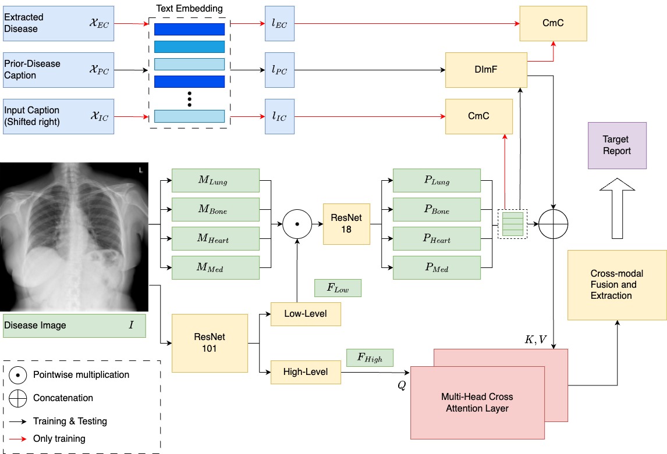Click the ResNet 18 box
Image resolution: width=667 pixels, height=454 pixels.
[346, 224]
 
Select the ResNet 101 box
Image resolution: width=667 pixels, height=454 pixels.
[209, 342]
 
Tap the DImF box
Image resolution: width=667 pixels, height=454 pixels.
[485, 69]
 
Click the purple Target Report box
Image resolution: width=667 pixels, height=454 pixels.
[617, 145]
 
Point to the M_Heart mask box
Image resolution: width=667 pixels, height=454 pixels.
[215, 239]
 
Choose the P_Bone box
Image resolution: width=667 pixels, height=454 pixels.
[437, 210]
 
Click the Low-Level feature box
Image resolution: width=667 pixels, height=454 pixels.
[306, 314]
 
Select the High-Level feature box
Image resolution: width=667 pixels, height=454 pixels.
[306, 371]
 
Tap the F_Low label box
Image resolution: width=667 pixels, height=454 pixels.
[338, 288]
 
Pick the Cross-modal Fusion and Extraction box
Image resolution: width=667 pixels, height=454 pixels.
[617, 285]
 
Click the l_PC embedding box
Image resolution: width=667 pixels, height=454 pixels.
[280, 69]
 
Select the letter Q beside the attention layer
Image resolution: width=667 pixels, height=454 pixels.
[402, 385]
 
